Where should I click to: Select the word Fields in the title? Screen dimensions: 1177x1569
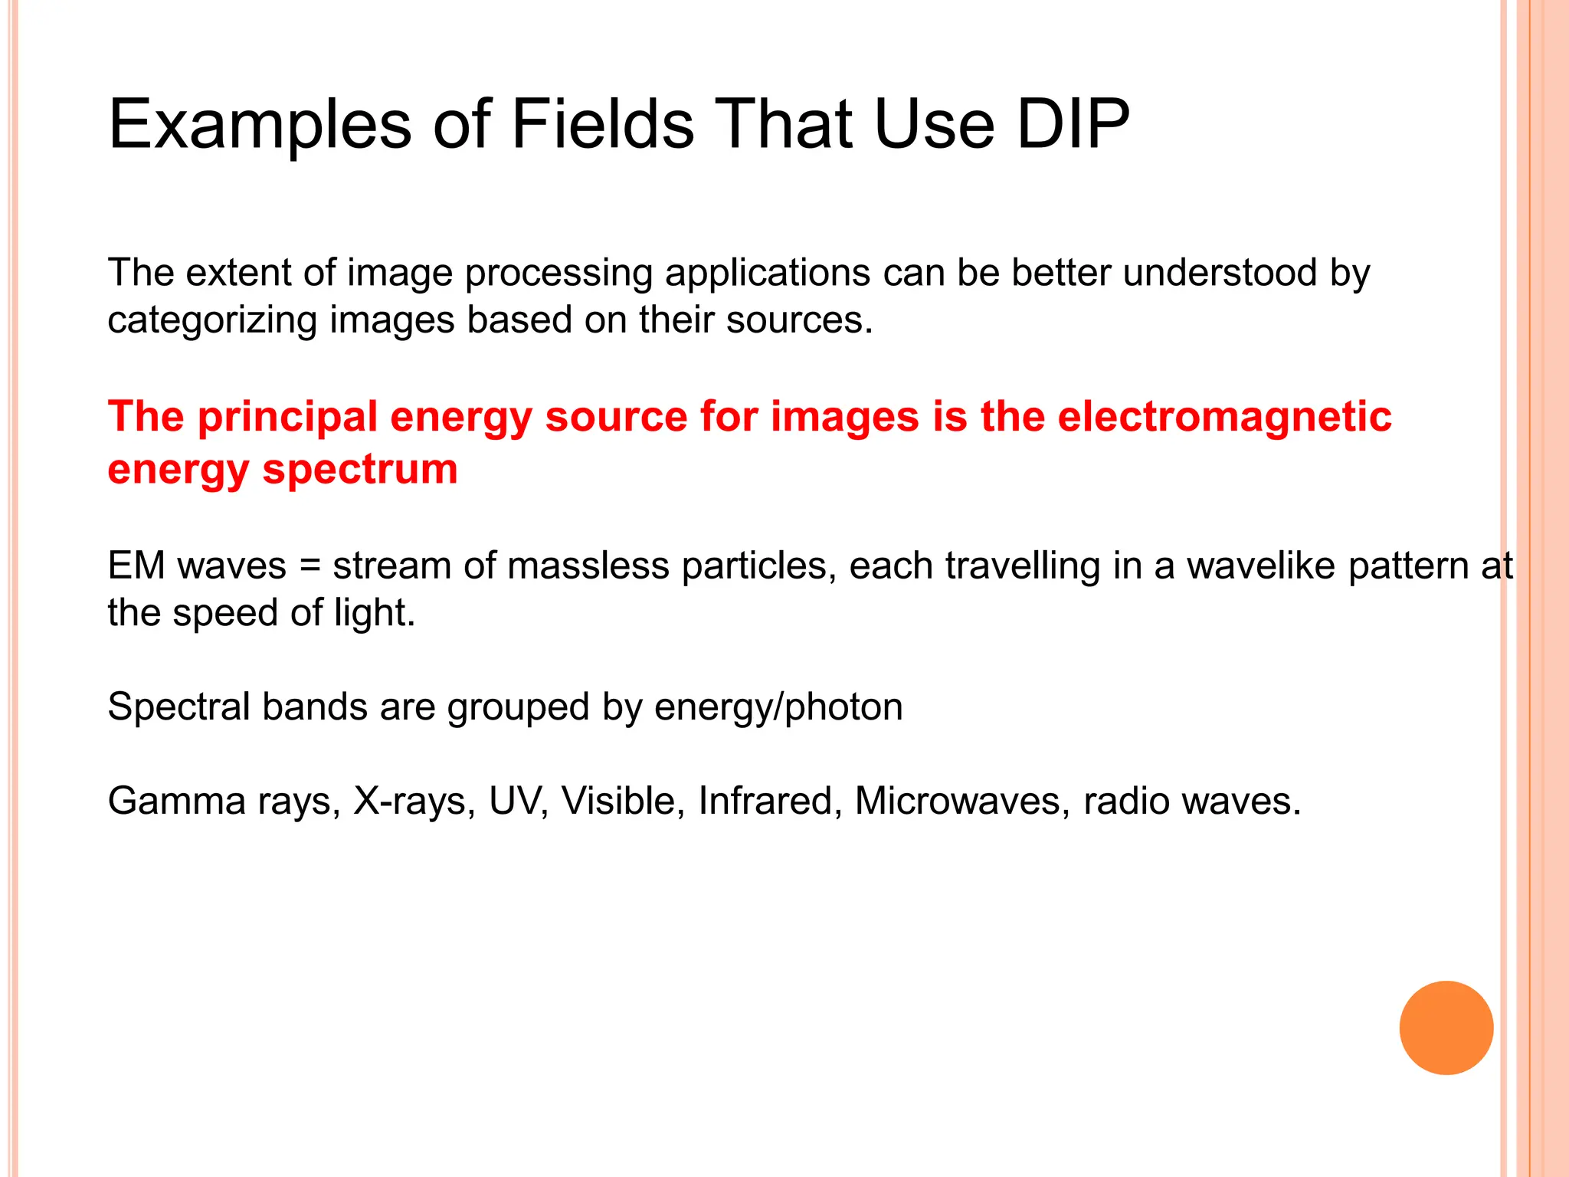pos(602,124)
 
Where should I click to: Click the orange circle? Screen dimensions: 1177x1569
pos(1446,1028)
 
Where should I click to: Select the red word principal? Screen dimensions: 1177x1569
pos(288,418)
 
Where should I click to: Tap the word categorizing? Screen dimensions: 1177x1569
pos(212,320)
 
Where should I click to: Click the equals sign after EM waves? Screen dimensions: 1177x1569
pos(310,567)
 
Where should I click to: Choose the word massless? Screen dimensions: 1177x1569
pos(588,566)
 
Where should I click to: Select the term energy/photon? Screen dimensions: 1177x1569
pos(778,707)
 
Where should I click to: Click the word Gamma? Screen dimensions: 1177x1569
pos(176,802)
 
